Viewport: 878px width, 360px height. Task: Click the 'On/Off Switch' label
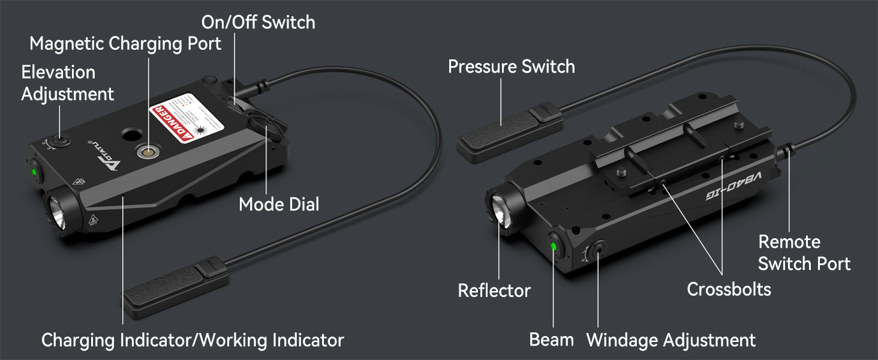[258, 23]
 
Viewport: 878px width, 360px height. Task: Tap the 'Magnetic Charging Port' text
[125, 44]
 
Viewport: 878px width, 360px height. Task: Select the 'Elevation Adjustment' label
[67, 83]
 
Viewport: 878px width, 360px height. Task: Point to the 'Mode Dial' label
[279, 204]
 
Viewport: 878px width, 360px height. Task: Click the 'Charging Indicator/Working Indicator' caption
[193, 340]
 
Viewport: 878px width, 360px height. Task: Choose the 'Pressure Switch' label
[511, 66]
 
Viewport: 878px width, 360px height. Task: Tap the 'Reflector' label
[494, 291]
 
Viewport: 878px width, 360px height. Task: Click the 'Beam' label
[551, 340]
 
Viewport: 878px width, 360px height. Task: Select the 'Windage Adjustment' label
[670, 340]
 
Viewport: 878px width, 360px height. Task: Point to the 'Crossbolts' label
[729, 289]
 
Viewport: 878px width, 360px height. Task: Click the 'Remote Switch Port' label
[804, 253]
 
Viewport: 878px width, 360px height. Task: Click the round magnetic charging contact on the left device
[144, 152]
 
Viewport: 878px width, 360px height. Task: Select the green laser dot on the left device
[34, 172]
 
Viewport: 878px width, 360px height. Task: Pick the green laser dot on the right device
[553, 246]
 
